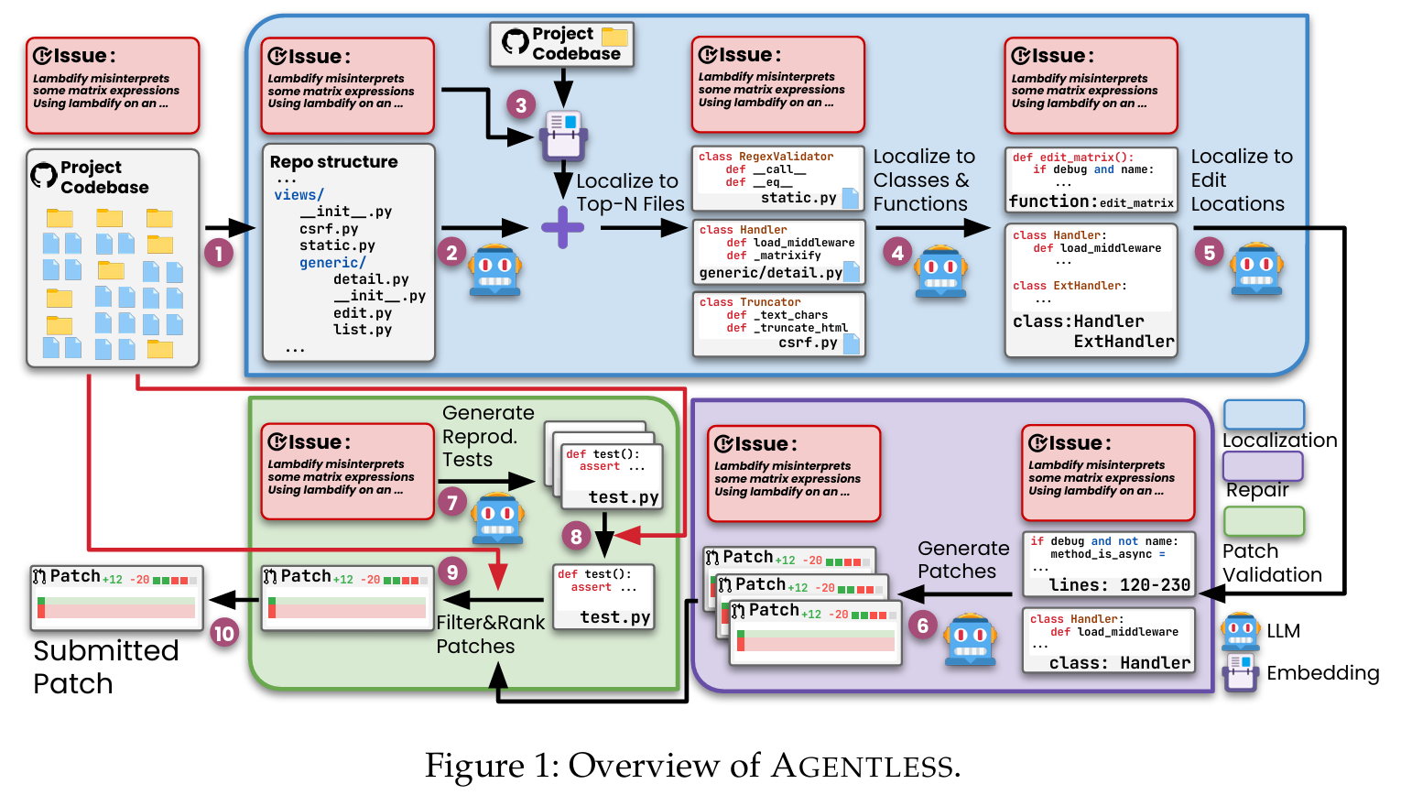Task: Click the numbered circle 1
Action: pyautogui.click(x=218, y=253)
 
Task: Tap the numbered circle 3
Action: pyautogui.click(x=521, y=104)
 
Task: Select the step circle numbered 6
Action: pyautogui.click(x=922, y=626)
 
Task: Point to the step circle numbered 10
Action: pyautogui.click(x=223, y=633)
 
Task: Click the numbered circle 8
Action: pyautogui.click(x=576, y=537)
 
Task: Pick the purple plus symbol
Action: pyautogui.click(x=562, y=227)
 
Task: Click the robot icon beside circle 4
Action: pyautogui.click(x=940, y=271)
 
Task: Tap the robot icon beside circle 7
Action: pyautogui.click(x=497, y=518)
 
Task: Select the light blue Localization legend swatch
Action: pyautogui.click(x=1264, y=414)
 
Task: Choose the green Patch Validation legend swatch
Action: pyautogui.click(x=1264, y=521)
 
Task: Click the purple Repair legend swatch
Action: pyautogui.click(x=1264, y=466)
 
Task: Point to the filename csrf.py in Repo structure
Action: pyautogui.click(x=329, y=229)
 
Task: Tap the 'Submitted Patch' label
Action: pyautogui.click(x=105, y=667)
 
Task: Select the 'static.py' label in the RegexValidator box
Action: pyautogui.click(x=798, y=198)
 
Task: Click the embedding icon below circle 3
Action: pyautogui.click(x=562, y=136)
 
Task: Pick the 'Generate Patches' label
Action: pyautogui.click(x=962, y=560)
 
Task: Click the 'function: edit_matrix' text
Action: pyautogui.click(x=1091, y=201)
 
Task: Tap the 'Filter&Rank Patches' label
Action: pyautogui.click(x=490, y=634)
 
